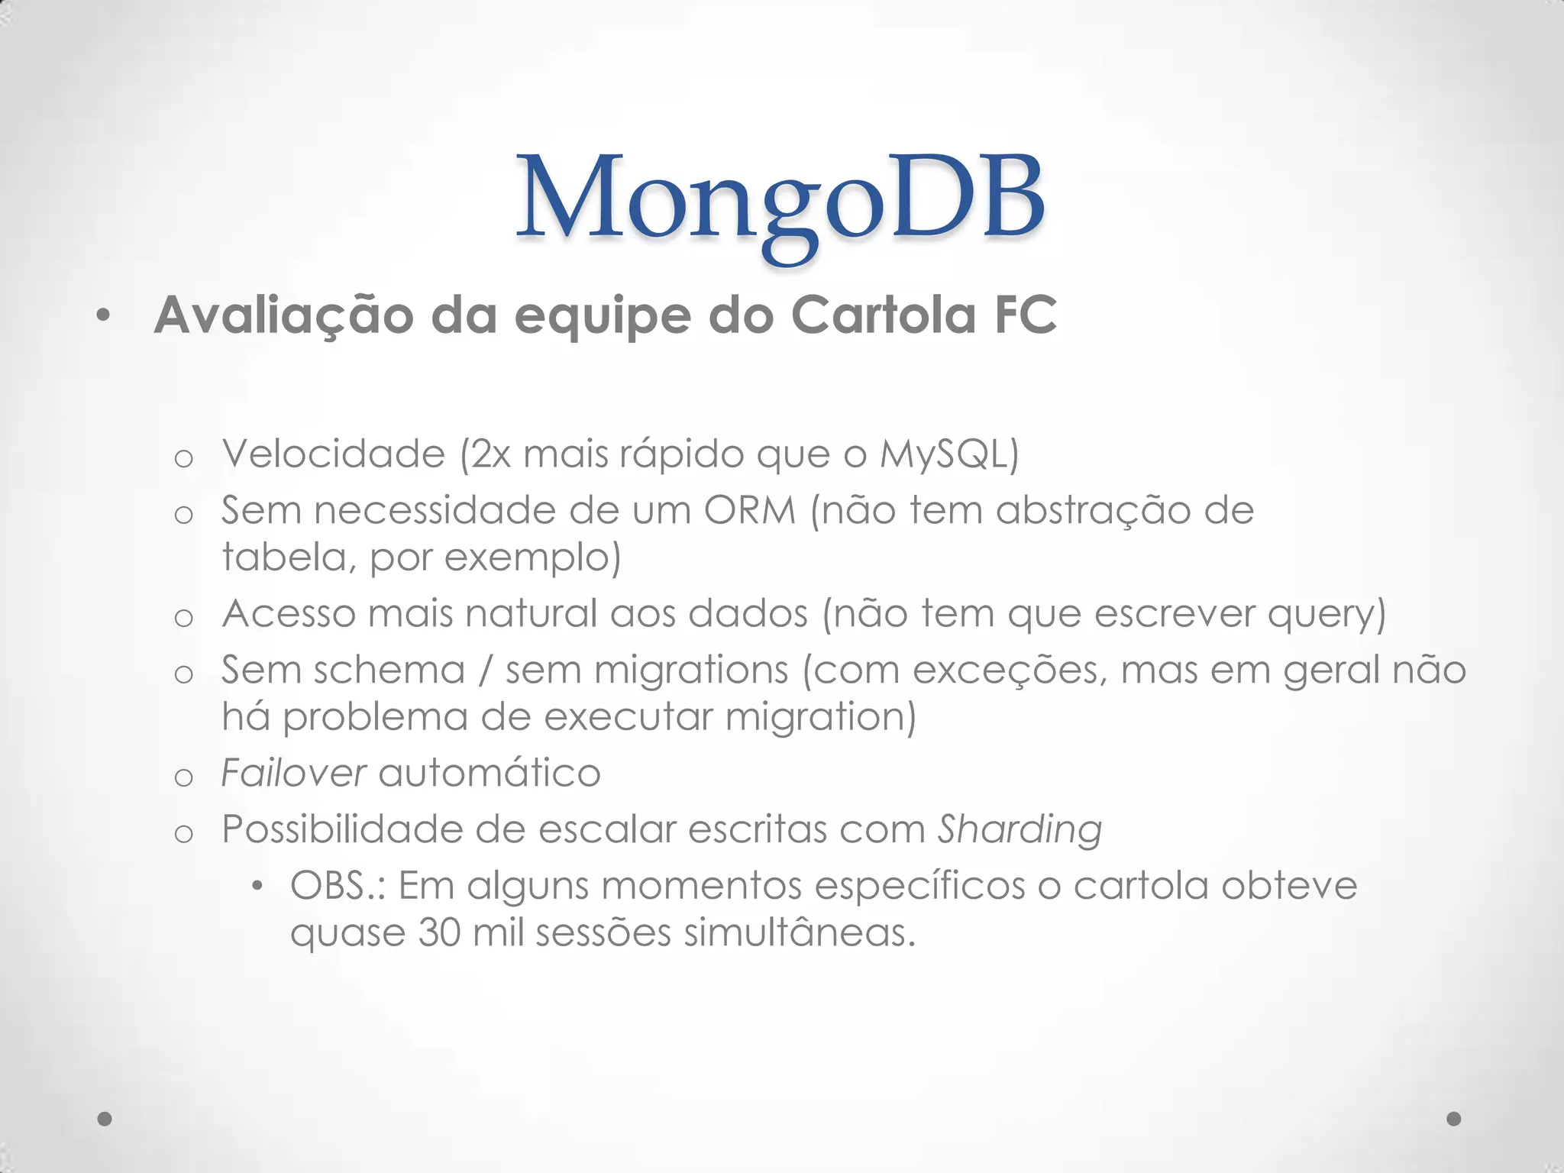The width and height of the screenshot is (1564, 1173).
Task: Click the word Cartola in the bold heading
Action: pyautogui.click(x=883, y=315)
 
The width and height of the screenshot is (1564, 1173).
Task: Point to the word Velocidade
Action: pyautogui.click(x=333, y=454)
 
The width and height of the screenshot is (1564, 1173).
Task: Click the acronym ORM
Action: pyautogui.click(x=749, y=510)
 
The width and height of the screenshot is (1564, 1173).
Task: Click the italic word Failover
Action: pyautogui.click(x=293, y=773)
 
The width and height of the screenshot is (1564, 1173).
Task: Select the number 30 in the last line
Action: pyautogui.click(x=438, y=933)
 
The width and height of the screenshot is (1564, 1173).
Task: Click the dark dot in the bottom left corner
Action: pyautogui.click(x=105, y=1119)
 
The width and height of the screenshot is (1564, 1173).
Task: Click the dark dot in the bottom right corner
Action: pyautogui.click(x=1454, y=1119)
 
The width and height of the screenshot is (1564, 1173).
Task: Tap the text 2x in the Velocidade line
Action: pyautogui.click(x=490, y=454)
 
